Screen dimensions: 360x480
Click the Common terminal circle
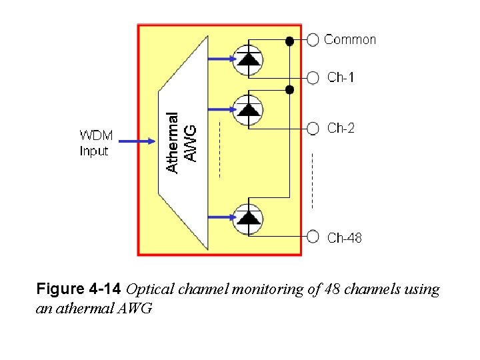point(313,40)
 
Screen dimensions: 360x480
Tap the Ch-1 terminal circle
point(313,78)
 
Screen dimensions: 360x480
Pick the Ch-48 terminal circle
point(313,235)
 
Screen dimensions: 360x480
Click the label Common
point(350,40)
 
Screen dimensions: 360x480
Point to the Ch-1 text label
point(341,78)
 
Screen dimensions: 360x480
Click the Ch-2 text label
point(341,129)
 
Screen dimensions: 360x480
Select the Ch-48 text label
point(344,237)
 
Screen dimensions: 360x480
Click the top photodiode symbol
point(248,59)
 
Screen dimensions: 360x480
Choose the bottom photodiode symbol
point(248,218)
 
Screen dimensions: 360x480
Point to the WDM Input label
point(95,143)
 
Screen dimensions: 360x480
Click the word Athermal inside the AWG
point(173,143)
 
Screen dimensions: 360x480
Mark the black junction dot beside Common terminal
point(289,41)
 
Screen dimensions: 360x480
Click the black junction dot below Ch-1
point(289,89)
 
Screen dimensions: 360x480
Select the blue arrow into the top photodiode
point(222,59)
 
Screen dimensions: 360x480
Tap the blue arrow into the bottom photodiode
point(222,217)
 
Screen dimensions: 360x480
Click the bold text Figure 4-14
point(78,290)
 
